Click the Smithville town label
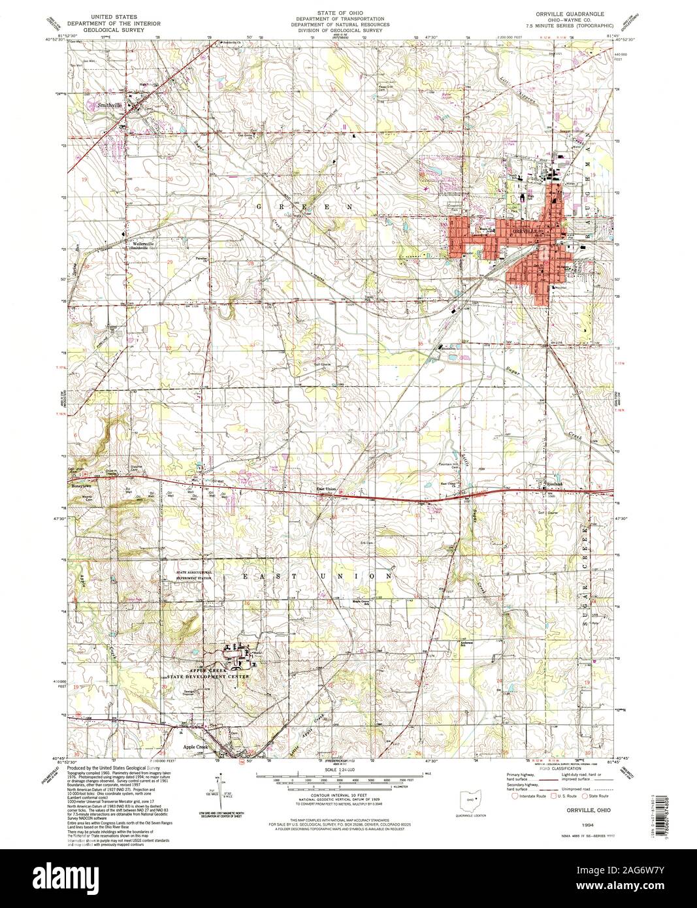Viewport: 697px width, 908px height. [110, 104]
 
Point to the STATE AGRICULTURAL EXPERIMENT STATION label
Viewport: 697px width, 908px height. [193, 576]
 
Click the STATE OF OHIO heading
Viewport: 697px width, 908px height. [344, 12]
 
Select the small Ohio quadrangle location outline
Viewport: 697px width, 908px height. [468, 799]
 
